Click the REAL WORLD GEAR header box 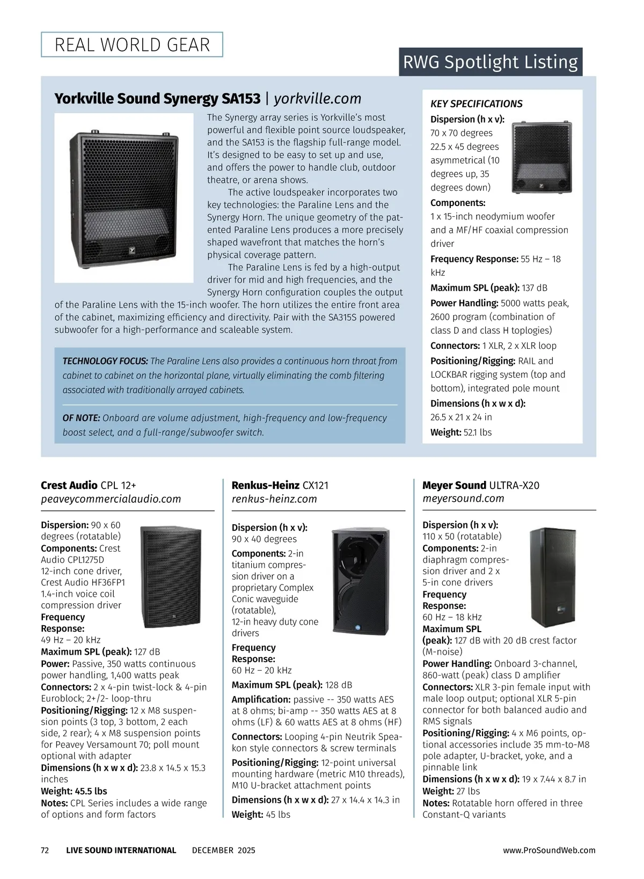point(132,45)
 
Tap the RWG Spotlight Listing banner point(490,62)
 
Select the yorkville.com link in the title point(318,99)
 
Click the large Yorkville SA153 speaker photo point(124,197)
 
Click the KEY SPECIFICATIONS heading point(476,104)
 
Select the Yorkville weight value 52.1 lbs point(477,433)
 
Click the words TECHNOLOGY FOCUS point(105,361)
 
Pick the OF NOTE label point(81,418)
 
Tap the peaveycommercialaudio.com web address point(111,499)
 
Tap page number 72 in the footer point(45,851)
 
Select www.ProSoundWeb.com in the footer point(549,851)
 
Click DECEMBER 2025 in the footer point(223,851)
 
